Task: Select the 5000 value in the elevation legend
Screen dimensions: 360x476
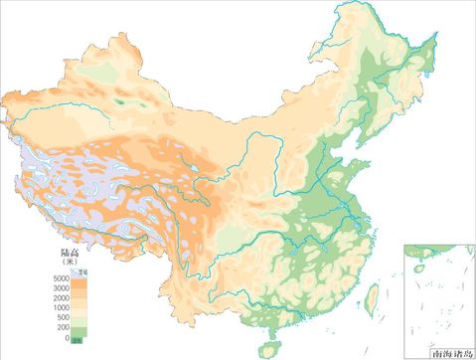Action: tap(61, 277)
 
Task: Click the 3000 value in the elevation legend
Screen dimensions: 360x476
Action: tap(61, 287)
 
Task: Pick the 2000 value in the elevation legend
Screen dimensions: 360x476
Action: tap(61, 297)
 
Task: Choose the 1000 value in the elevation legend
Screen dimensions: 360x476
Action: tap(61, 307)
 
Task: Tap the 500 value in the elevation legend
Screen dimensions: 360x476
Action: tap(63, 317)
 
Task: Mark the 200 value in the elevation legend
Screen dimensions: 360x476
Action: tap(63, 327)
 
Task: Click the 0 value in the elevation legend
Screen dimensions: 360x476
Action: tap(66, 338)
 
